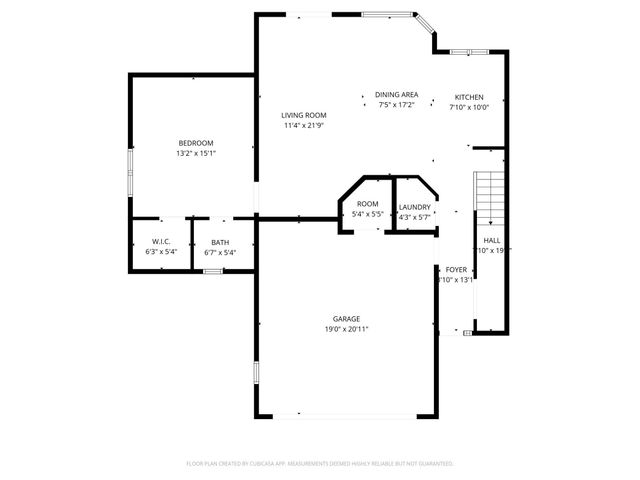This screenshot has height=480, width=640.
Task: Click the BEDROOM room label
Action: coord(196,143)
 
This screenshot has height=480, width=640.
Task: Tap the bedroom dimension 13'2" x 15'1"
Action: coord(196,154)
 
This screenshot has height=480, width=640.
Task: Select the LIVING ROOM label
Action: coord(303,115)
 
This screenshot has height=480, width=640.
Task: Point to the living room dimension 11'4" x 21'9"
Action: coord(303,126)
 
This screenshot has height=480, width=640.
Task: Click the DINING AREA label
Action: coord(396,94)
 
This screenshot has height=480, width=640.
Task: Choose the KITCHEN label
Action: coord(469,97)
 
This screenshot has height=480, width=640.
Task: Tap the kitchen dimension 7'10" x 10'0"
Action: coord(469,107)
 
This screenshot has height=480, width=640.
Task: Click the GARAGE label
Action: coord(347,319)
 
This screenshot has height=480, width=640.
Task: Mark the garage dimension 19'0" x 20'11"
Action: coord(347,329)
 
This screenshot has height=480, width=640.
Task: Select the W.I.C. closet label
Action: coord(160,242)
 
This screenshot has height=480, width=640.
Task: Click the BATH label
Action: coord(220,242)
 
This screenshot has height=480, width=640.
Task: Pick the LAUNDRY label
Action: coord(414,207)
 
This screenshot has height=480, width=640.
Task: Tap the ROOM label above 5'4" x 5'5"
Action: coord(368,203)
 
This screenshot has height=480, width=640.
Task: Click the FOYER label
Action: coord(456,269)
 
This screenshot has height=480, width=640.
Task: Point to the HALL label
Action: coord(492,241)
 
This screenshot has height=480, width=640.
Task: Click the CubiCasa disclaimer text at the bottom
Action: coord(320,464)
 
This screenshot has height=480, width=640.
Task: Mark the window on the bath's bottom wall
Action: coord(212,271)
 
